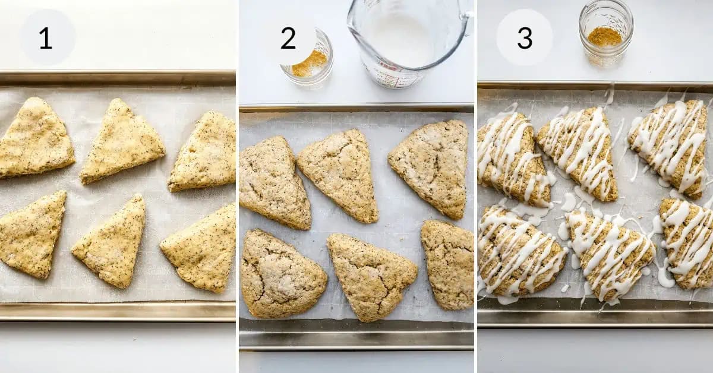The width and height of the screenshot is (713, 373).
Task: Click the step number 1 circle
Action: tap(47, 37)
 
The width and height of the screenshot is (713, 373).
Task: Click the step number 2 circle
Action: tap(288, 38)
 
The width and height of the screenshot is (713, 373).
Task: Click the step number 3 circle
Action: tap(524, 37)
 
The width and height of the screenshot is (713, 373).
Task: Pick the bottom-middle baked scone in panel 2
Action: tap(370, 274)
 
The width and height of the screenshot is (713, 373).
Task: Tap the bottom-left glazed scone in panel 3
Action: tap(517, 252)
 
